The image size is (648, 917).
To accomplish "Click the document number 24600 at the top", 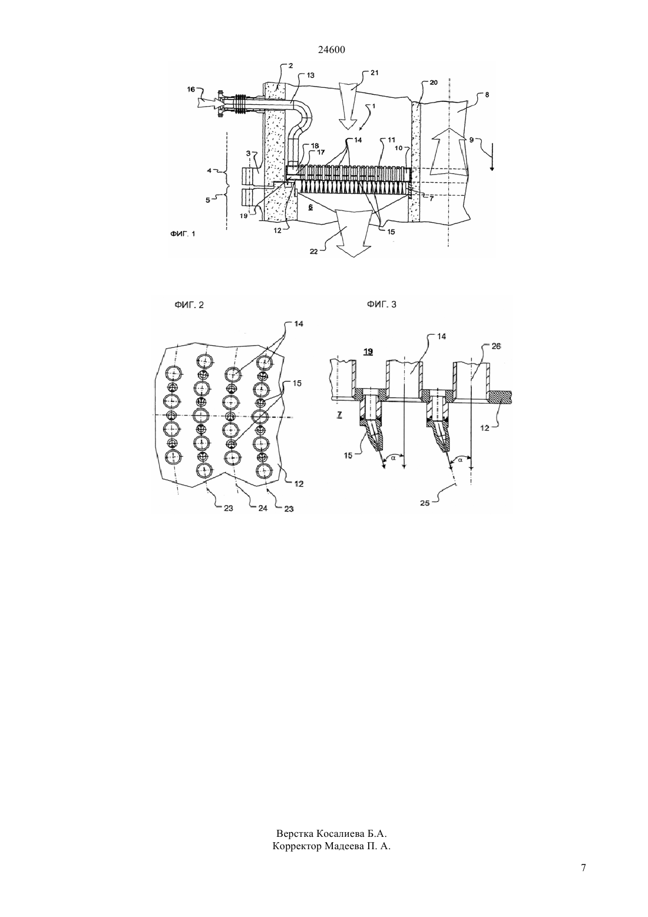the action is [331, 50].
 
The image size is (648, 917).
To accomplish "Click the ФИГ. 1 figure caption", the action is [183, 234].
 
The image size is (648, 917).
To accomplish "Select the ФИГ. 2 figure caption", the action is [189, 305].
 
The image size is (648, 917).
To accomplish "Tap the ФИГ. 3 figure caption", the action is [381, 304].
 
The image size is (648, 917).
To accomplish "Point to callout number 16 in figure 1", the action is [191, 89].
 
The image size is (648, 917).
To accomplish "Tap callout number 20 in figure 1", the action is [434, 83].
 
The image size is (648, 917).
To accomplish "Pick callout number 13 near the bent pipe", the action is [310, 75].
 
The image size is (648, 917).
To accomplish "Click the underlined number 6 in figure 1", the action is [310, 207].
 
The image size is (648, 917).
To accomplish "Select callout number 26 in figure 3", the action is [496, 346].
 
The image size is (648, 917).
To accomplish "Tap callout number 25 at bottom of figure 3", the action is [425, 503].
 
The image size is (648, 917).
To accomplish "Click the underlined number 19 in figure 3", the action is [368, 352].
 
